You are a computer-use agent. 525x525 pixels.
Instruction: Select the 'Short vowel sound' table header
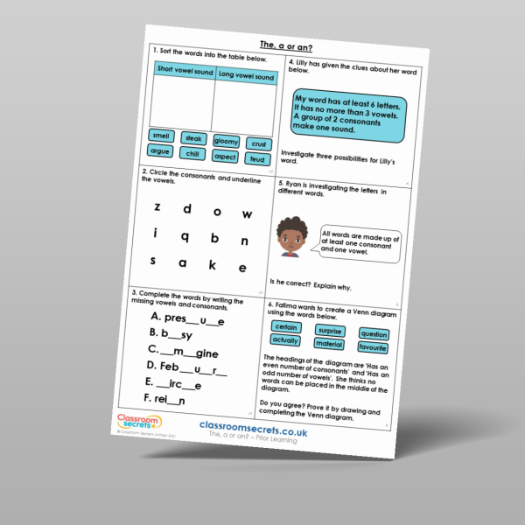184,69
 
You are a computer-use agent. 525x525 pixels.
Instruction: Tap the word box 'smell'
162,136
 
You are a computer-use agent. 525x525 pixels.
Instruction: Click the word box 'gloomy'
225,142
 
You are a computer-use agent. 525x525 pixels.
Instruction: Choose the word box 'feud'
256,160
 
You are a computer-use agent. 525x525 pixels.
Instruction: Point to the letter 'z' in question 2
157,207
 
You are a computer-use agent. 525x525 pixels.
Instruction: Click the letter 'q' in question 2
185,236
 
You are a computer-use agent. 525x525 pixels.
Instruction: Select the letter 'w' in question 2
247,213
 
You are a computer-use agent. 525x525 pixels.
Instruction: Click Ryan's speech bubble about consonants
359,243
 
